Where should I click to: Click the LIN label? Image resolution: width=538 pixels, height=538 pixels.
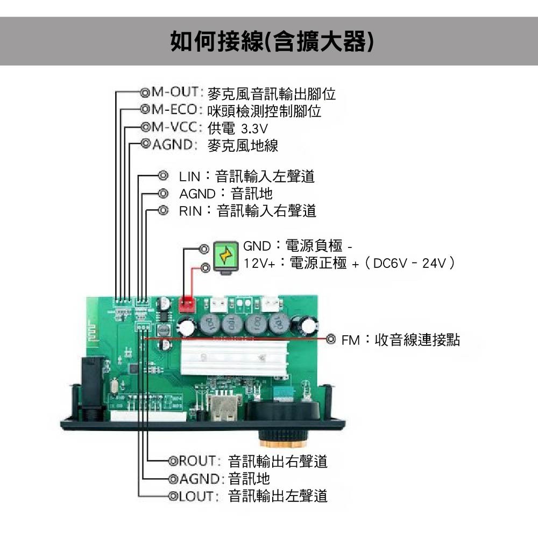189,176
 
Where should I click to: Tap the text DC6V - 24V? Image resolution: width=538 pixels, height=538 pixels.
411,264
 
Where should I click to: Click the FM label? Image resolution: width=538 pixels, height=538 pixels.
351,340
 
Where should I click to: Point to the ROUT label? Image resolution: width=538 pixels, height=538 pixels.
197,461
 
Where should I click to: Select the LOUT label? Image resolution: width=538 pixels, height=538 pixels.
197,496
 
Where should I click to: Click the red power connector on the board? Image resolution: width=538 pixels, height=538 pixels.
187,305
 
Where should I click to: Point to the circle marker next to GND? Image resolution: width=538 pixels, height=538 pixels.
204,249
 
